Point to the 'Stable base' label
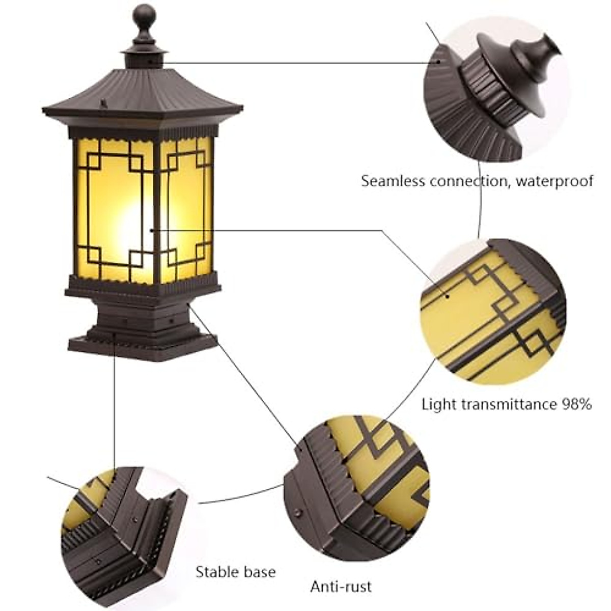coord(236,558)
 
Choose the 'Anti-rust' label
coord(341,586)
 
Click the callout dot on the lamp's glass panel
coord(151,230)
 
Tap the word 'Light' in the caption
coord(435,405)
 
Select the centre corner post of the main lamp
coord(157,209)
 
